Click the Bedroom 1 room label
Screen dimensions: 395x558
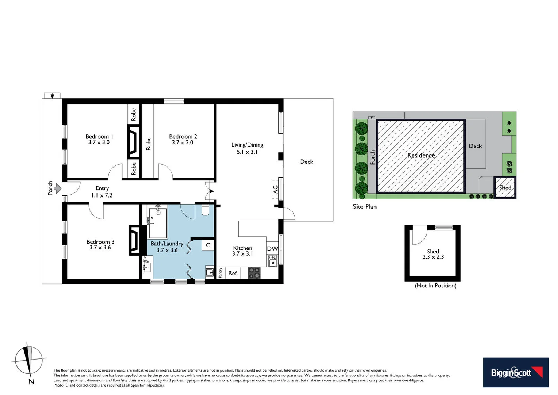[99, 136]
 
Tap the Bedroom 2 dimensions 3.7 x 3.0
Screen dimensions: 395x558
[183, 143]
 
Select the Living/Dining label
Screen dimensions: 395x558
[247, 145]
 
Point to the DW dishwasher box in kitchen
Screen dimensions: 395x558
[272, 249]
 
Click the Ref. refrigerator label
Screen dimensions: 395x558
[233, 273]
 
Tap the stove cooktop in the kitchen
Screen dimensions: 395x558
[254, 273]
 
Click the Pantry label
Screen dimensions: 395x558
[220, 273]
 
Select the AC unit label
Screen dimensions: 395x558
[275, 189]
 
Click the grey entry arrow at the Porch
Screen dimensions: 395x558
[57, 188]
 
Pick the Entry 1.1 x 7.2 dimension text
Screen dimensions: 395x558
[102, 195]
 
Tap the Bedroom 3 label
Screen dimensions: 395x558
[100, 242]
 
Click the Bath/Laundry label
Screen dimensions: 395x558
[167, 244]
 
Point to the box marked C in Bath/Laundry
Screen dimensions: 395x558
[208, 245]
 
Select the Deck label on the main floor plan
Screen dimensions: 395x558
[306, 162]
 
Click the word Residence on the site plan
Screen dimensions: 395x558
[421, 155]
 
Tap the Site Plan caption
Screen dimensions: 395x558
[364, 207]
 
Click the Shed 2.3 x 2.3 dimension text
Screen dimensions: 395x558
[433, 257]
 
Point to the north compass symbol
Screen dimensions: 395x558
[28, 361]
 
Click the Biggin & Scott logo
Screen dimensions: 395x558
[515, 372]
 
